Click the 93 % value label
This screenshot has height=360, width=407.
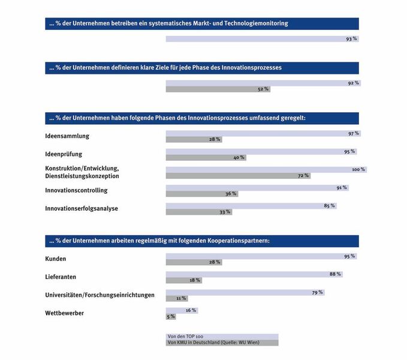tap(351, 38)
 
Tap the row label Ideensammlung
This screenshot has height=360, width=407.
tap(67, 136)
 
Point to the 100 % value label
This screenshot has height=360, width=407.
tap(358, 169)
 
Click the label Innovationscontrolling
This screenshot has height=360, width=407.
tap(76, 190)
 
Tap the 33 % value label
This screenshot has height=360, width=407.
tap(224, 212)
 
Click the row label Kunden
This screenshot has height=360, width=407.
tap(56, 259)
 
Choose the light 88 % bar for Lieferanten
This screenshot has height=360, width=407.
tap(247, 274)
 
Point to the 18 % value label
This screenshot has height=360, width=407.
tap(194, 280)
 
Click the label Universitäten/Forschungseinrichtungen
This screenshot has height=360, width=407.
tap(100, 295)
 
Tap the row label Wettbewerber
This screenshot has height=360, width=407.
tap(65, 313)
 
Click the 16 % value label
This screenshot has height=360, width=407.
tap(191, 310)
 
